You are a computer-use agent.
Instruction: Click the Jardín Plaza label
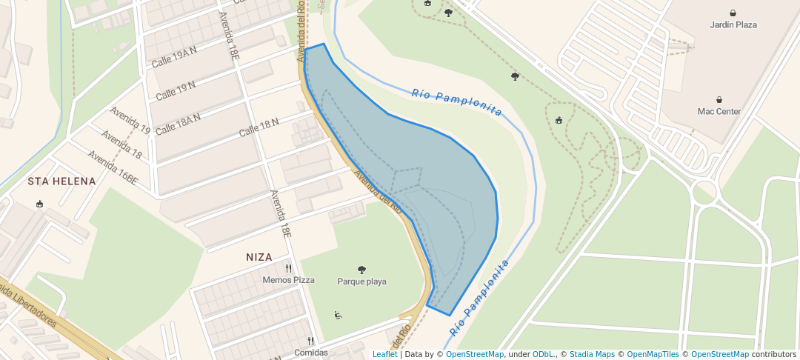[733, 24]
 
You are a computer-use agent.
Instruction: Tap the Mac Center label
[719, 112]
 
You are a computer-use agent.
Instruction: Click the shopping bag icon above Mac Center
[719, 100]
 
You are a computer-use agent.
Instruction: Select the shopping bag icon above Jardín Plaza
[733, 13]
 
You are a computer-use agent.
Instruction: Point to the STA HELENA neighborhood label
[61, 181]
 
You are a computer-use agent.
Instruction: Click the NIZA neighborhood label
[259, 257]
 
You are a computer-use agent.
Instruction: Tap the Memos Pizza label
[288, 280]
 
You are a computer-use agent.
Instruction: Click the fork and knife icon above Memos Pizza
[288, 268]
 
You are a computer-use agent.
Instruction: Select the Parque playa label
[361, 281]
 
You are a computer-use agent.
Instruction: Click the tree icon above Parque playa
[361, 270]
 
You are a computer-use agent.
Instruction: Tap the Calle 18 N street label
[259, 127]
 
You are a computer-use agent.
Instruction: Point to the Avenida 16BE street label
[113, 167]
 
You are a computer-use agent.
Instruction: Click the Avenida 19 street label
[130, 120]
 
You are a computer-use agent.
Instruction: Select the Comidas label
[311, 353]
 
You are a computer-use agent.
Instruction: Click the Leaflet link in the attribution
[384, 354]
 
